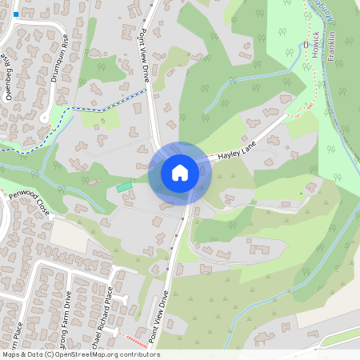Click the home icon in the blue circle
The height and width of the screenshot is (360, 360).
coord(179,173)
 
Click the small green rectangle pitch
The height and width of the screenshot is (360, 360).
coord(124,186)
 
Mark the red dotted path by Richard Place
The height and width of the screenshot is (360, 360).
coord(136,340)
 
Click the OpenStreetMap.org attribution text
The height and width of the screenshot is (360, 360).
coord(89,354)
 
